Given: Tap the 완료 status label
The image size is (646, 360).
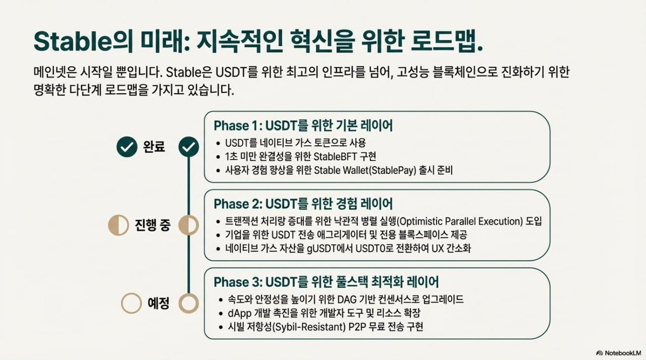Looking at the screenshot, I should tap(154, 146).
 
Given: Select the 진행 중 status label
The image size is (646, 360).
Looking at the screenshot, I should tap(153, 224).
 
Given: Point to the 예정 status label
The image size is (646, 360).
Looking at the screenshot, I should tap(159, 303).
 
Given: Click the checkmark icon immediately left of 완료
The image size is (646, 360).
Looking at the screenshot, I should tap(127, 146).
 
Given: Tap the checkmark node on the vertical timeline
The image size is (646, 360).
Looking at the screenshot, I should tap(188, 146).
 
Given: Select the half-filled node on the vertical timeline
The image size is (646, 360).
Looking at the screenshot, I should tap(188, 224).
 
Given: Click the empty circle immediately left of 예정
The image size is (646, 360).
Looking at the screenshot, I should tap(131, 303).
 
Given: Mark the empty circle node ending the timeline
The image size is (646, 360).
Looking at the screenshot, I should tap(188, 303).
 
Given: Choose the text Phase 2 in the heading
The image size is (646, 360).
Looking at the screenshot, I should tap(236, 204).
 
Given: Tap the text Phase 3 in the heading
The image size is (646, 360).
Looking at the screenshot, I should tap(236, 282).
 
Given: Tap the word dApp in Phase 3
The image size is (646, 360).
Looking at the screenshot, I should tap(234, 313).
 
